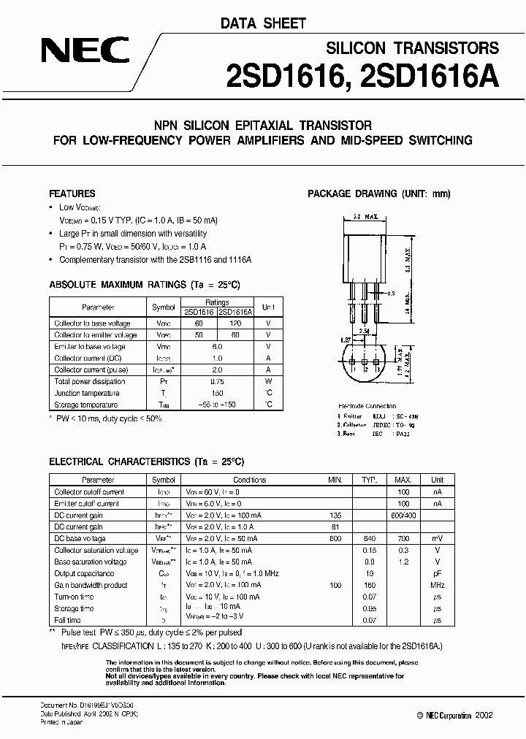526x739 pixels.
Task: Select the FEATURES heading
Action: click(72, 194)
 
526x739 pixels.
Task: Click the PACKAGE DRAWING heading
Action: click(379, 194)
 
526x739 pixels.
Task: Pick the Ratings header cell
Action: click(217, 302)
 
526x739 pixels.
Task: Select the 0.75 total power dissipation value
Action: click(217, 381)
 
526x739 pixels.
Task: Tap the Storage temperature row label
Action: click(85, 405)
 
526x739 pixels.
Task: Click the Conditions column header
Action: click(249, 480)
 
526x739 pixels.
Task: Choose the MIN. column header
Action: click(335, 480)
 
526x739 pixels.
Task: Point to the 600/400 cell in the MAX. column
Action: click(403, 515)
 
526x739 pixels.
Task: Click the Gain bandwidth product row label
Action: click(91, 585)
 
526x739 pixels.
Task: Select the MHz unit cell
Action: click(437, 585)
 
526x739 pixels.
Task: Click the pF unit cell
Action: click(437, 573)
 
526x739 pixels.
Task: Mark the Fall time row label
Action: click(67, 620)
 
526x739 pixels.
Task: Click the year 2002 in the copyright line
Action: click(484, 715)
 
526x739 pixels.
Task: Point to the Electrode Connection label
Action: click(367, 406)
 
